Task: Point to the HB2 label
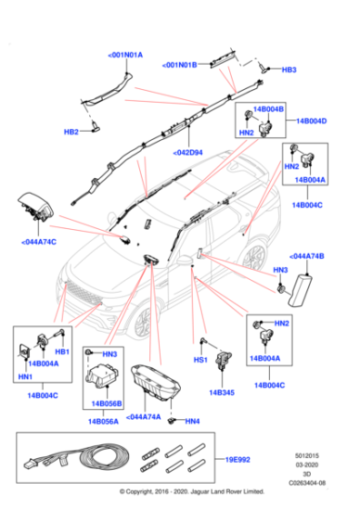click(x=71, y=132)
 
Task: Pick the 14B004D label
click(x=312, y=120)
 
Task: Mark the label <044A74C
click(x=38, y=243)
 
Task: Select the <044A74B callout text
click(x=307, y=257)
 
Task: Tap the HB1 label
click(x=63, y=352)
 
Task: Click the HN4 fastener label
click(x=192, y=422)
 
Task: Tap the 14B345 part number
click(x=222, y=394)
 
